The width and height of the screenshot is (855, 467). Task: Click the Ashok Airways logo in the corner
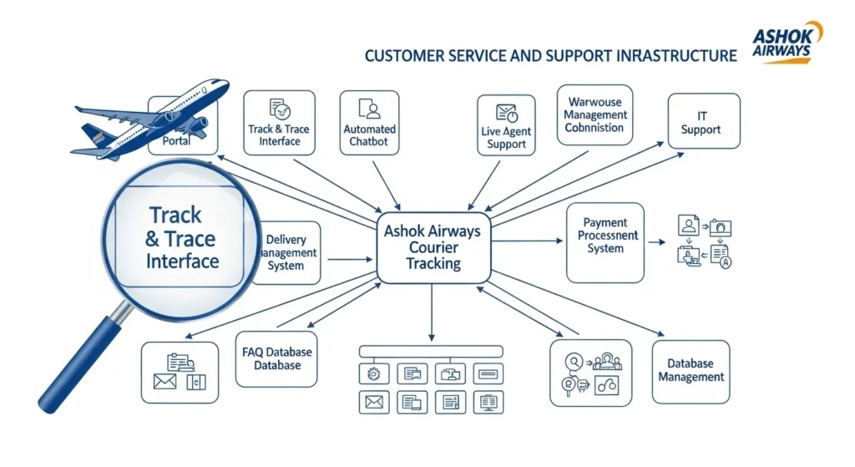(x=787, y=43)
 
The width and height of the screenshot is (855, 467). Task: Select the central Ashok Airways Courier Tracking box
(x=433, y=246)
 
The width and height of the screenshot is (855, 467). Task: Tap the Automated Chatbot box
(x=369, y=124)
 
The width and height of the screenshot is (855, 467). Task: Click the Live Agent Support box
(x=505, y=126)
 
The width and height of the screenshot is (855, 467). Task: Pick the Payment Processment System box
(x=605, y=242)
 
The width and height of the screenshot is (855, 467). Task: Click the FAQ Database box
(x=276, y=358)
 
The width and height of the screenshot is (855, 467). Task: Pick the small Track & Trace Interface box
(x=279, y=124)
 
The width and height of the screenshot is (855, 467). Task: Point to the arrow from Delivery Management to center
(x=351, y=259)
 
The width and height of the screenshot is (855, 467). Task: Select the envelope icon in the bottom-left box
(x=165, y=382)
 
